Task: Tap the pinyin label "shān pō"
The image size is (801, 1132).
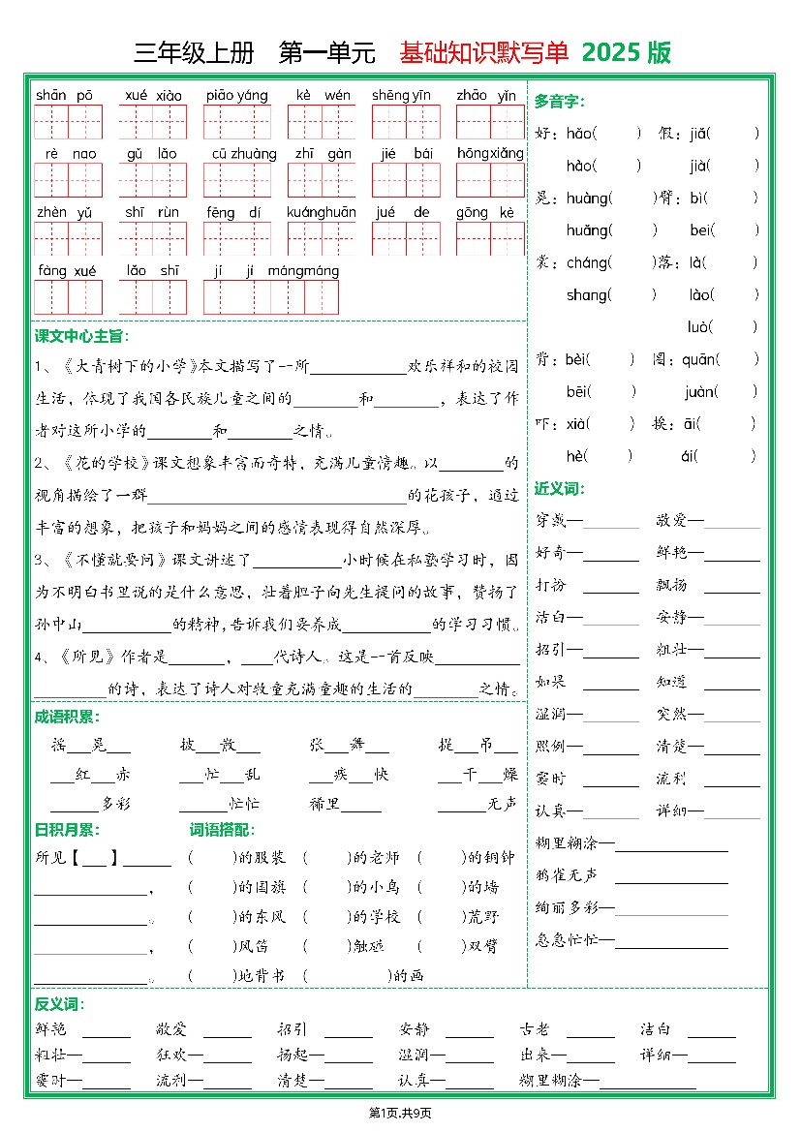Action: [x=64, y=95]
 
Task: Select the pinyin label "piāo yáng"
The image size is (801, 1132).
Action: [x=236, y=95]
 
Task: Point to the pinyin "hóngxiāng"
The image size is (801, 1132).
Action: [x=490, y=153]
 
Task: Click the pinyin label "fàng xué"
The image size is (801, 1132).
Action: [x=67, y=271]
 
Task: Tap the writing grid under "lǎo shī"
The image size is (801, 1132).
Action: [x=153, y=297]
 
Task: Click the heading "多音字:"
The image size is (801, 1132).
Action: [x=560, y=101]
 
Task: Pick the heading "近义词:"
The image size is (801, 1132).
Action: [x=560, y=488]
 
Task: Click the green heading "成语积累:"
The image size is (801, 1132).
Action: [x=67, y=717]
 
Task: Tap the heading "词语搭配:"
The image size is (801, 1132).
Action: [x=222, y=829]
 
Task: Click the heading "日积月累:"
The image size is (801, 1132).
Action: [x=67, y=829]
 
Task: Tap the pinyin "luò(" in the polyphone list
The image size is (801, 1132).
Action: [x=703, y=327]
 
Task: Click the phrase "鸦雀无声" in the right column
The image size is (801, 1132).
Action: [x=567, y=875]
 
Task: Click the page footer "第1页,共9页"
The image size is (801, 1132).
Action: [x=400, y=1113]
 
